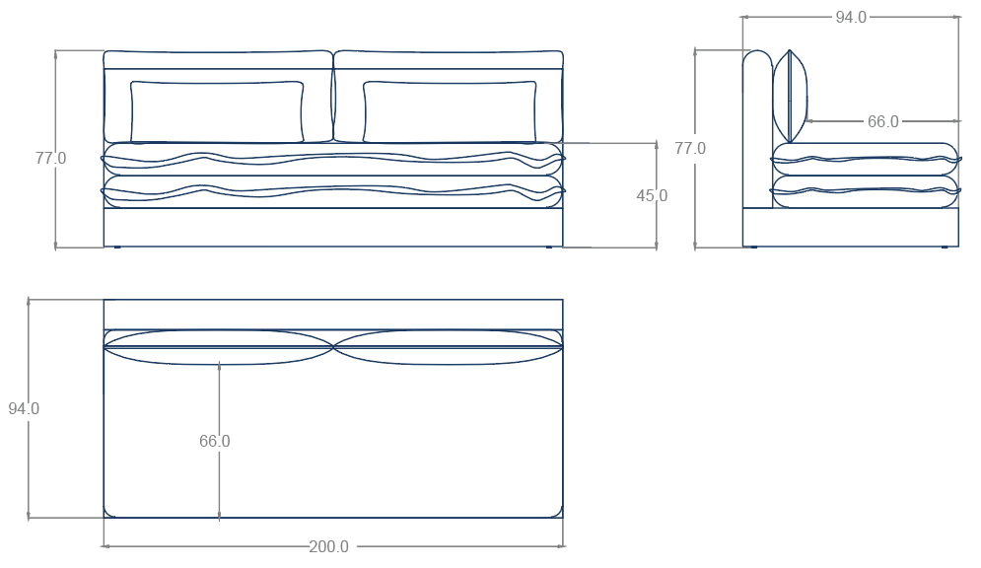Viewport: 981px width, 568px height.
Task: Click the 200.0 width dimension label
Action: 329,546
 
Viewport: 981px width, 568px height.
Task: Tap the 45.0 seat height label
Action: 652,196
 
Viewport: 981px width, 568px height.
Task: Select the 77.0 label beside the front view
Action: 50,158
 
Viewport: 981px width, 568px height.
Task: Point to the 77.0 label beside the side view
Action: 690,148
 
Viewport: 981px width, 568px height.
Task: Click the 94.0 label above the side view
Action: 851,18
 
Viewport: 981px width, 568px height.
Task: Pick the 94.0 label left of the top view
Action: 24,408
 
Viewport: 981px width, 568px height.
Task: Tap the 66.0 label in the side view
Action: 882,121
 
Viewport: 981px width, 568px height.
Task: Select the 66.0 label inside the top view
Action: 215,441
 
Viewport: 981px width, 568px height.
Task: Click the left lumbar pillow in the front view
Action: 217,111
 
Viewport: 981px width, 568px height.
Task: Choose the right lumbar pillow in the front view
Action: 450,111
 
